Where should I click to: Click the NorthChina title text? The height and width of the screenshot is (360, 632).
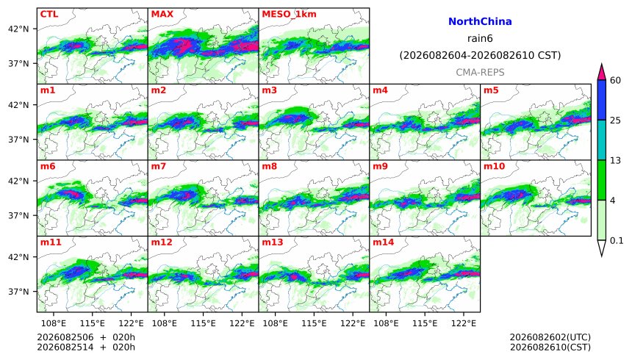(480, 22)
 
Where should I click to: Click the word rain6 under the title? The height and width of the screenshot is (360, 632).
(480, 39)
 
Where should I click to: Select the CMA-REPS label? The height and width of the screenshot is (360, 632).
(480, 72)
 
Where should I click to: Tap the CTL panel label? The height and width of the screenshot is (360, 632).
(49, 14)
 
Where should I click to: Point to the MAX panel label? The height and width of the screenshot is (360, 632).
(162, 14)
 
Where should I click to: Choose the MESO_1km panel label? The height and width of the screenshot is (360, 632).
(289, 15)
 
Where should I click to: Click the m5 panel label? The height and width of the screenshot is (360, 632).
(491, 90)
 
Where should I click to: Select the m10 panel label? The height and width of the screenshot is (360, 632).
(494, 167)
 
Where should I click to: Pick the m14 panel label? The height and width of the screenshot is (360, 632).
(384, 242)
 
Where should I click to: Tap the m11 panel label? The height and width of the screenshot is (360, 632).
(51, 242)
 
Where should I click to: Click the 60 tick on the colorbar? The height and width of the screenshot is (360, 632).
(615, 81)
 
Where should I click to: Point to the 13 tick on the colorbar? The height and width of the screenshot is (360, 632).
(615, 161)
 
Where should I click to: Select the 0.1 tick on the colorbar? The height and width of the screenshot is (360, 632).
(617, 241)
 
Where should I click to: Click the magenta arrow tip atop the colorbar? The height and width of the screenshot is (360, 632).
(602, 64)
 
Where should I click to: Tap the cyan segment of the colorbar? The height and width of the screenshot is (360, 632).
(602, 140)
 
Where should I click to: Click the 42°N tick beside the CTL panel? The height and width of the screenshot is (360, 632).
(18, 29)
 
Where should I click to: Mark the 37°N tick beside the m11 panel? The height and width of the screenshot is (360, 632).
(18, 292)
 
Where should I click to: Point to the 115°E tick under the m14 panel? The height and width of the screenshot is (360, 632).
(425, 323)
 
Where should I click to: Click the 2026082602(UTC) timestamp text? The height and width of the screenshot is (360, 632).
(550, 337)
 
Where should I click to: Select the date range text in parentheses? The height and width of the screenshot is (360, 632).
(480, 55)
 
